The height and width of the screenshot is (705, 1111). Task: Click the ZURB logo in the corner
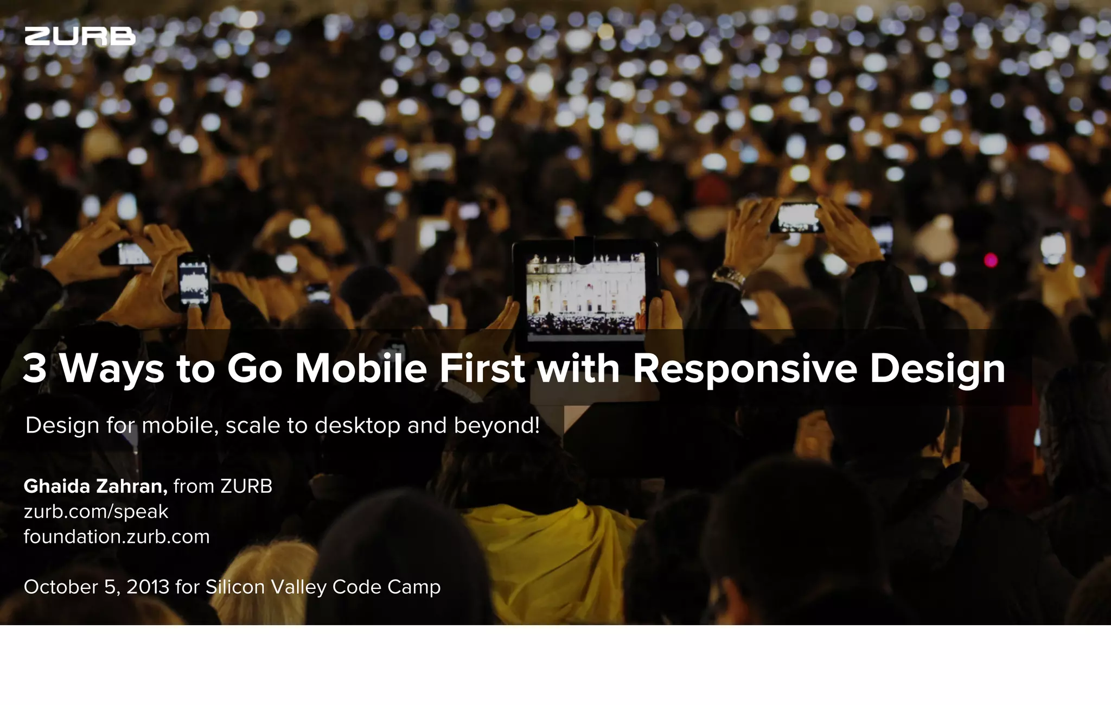[80, 36]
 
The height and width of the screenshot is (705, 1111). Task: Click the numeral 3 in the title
[34, 369]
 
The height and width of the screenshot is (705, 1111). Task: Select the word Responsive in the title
[745, 369]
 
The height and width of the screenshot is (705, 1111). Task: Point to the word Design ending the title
[937, 369]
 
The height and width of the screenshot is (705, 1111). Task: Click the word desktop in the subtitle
[357, 425]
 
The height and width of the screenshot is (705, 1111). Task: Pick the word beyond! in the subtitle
[497, 425]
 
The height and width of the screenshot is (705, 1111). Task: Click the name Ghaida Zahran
[95, 486]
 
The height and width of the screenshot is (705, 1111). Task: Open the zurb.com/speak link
[96, 512]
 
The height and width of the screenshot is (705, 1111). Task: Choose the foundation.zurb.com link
[117, 537]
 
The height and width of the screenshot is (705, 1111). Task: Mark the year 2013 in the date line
[148, 587]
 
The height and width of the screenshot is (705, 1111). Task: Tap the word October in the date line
[61, 587]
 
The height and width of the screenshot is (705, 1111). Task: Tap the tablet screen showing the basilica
[586, 293]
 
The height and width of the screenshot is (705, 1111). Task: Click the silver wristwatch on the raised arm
[729, 277]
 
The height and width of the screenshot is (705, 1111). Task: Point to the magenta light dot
[991, 260]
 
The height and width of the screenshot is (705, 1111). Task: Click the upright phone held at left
[194, 282]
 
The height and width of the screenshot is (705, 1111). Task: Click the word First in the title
[482, 369]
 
